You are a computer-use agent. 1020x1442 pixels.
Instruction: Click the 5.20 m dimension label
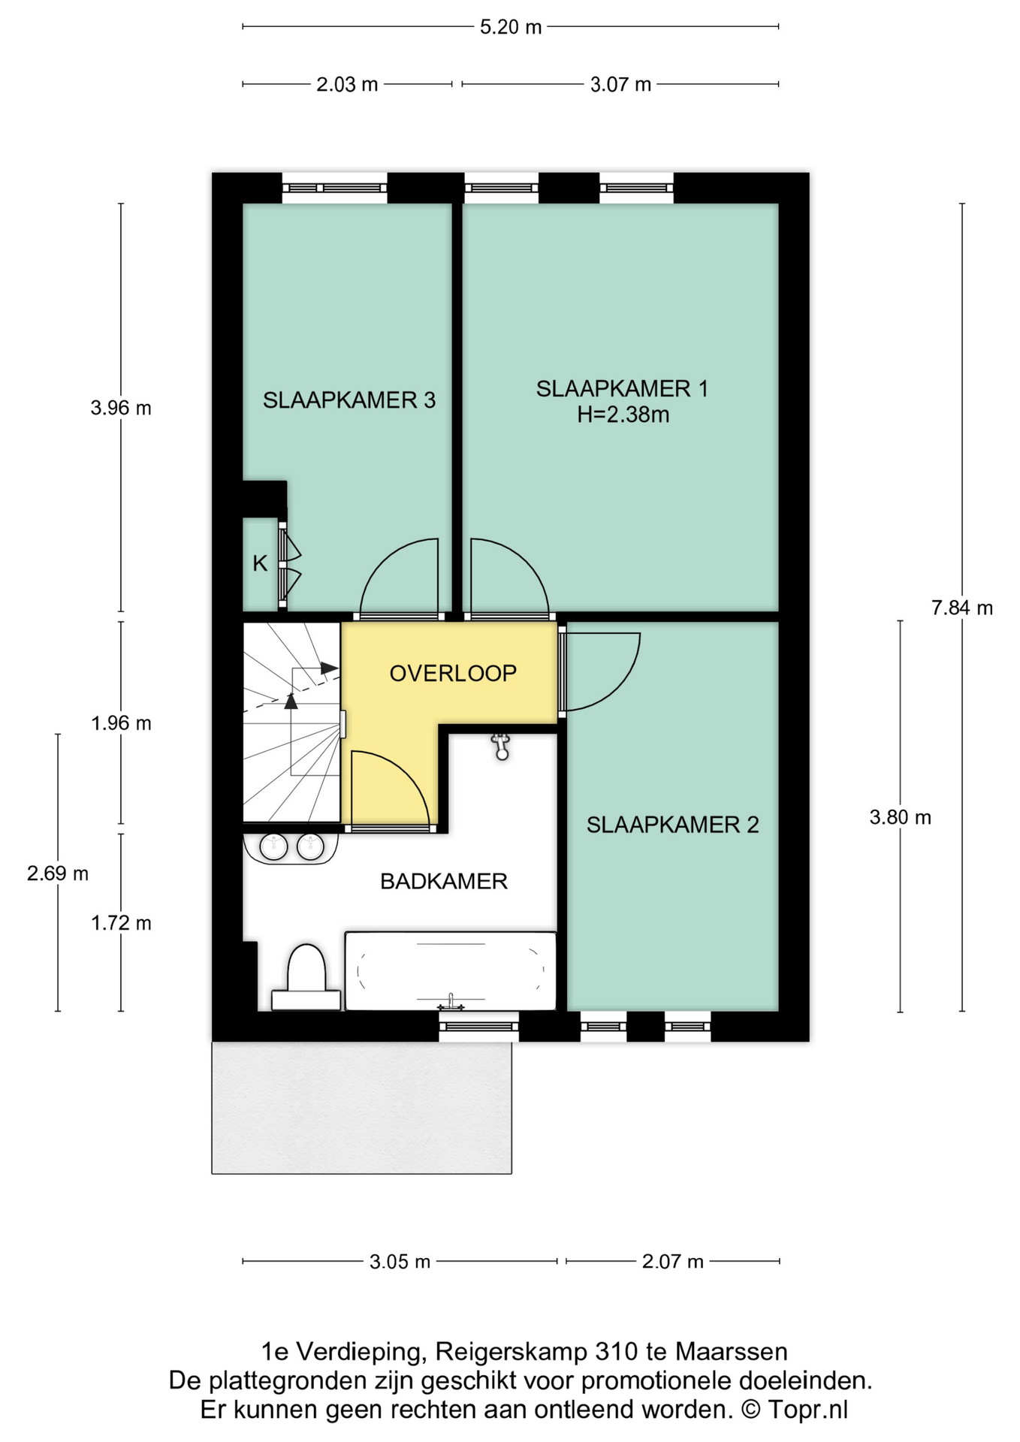[x=511, y=27]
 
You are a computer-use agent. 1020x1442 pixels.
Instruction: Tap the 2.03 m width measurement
[x=347, y=84]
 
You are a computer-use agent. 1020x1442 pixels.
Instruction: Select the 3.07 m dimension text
[x=620, y=84]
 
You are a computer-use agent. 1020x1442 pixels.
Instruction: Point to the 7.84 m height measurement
[x=962, y=608]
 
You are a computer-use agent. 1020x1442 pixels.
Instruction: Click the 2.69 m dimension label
[x=58, y=873]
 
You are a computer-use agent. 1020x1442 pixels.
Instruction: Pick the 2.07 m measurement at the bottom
[x=673, y=1261]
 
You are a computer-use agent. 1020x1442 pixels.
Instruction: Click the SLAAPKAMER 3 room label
[x=349, y=400]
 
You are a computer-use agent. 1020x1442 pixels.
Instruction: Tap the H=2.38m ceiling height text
[x=623, y=415]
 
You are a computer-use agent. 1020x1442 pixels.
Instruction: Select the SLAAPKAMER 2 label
[x=673, y=825]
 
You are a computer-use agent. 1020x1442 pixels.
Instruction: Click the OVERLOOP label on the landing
[x=453, y=673]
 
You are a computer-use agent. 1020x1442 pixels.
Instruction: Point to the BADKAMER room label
[x=444, y=881]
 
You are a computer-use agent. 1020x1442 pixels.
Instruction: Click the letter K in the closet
[x=260, y=563]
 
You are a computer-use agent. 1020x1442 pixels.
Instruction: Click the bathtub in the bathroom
[x=451, y=971]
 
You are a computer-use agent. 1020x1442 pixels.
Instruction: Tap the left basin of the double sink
[x=273, y=846]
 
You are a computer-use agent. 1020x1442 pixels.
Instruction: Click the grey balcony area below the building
[x=361, y=1107]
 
